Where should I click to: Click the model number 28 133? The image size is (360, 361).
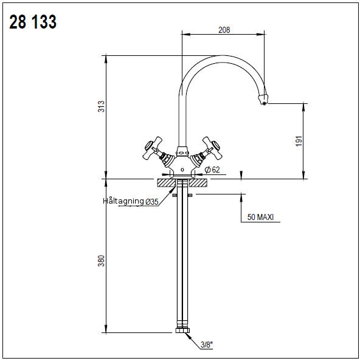coord(33,22)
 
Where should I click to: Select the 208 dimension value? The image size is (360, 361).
coord(224,30)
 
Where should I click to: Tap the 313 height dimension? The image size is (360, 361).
coord(101,106)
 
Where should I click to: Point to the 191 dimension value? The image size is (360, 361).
coord(299,141)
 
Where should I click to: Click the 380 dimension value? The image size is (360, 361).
coord(101,261)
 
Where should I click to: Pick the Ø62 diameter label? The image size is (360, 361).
coord(212,170)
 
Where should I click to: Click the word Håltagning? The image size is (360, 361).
coord(123,201)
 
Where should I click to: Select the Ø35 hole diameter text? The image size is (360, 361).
coord(152,202)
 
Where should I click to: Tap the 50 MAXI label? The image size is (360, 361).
coord(260,217)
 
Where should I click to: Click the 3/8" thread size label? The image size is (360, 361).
coord(207,345)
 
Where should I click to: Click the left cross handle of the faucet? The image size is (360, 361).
coord(152,148)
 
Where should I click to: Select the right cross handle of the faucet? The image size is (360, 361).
coord(212,148)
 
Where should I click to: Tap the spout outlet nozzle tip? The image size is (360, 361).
coord(263,99)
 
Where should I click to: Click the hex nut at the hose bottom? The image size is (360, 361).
coord(182,331)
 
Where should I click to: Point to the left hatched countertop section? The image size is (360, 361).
coord(167,183)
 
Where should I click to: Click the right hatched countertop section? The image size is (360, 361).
coord(198,183)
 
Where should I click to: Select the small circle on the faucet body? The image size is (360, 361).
coord(182,170)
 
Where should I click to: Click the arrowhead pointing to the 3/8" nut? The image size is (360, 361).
coord(188,336)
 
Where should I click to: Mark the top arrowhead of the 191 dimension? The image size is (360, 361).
coord(303,108)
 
